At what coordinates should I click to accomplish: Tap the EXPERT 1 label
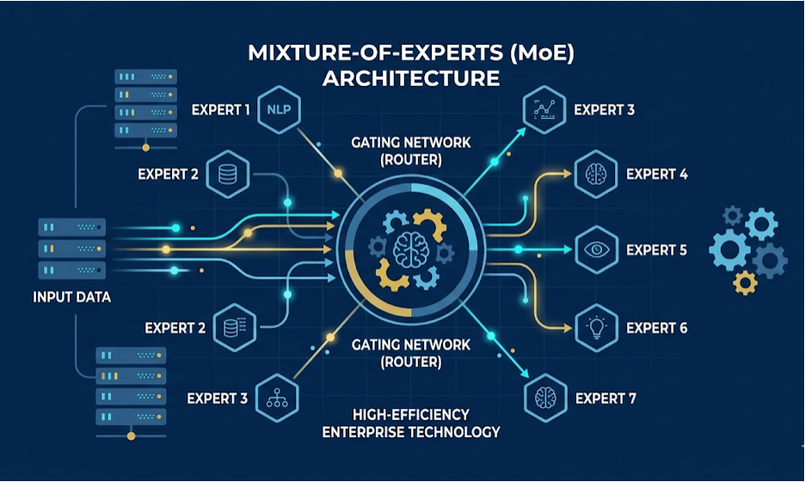(x=221, y=110)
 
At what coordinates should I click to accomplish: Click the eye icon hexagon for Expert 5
(x=596, y=250)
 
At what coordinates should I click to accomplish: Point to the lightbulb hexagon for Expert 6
(x=596, y=327)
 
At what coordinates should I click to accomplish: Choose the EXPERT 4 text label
(x=656, y=174)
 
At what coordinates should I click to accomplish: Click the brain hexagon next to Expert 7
(x=545, y=398)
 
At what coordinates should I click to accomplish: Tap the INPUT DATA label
(x=72, y=297)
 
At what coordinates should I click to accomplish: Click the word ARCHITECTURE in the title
(x=410, y=78)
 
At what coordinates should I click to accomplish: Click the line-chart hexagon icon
(x=545, y=110)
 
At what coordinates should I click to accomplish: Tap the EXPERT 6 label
(x=656, y=328)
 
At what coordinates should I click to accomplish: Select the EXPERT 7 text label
(x=605, y=399)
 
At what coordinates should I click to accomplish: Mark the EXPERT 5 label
(x=656, y=250)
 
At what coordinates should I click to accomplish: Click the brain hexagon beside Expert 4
(x=596, y=174)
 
